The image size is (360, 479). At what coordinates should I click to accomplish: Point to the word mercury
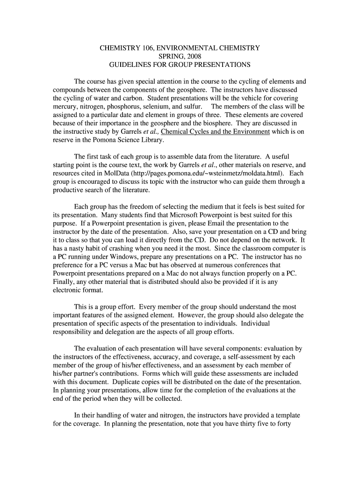click(65, 106)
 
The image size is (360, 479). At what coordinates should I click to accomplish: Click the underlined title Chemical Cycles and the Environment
click(215, 131)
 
